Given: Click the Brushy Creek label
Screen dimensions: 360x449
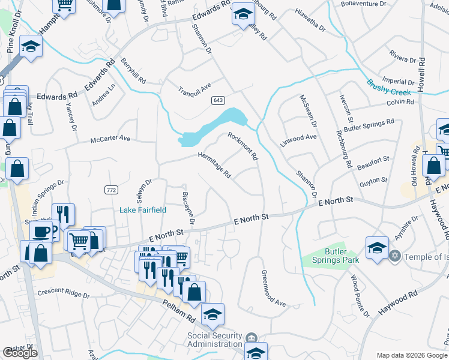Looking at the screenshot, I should coord(388,88).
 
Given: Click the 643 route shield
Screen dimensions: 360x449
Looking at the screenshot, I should coord(218,100).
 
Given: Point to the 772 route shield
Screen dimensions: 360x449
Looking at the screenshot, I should coord(110,190).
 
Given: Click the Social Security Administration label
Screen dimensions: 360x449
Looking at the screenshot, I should coord(214,340).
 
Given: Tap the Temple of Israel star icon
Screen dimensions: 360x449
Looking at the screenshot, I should coord(394,256).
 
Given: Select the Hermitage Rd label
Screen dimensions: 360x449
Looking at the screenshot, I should coord(215,164).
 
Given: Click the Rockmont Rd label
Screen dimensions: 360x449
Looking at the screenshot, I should coord(243,146).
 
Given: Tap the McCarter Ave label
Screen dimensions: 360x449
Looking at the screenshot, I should coord(110,139).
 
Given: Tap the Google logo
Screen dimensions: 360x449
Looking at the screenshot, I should coord(20,353).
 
